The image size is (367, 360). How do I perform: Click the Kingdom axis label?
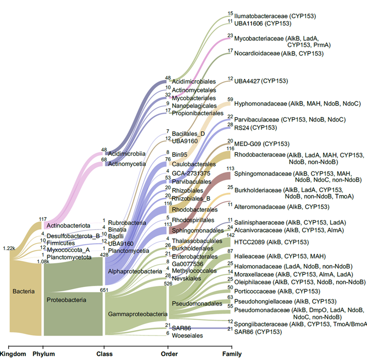14,354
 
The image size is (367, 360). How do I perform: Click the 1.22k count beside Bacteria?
8,248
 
